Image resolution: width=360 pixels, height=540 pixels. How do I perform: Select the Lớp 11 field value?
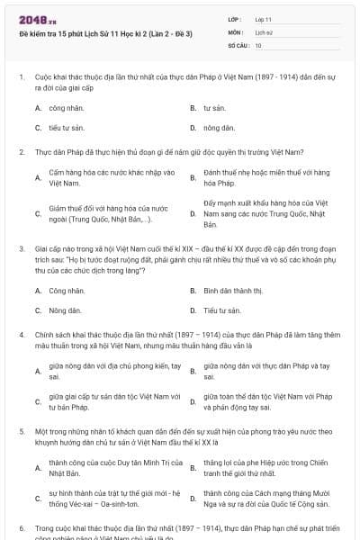point(264,18)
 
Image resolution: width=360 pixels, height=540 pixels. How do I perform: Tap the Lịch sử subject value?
point(264,31)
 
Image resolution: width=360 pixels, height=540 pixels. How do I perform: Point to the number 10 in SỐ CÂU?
point(258,44)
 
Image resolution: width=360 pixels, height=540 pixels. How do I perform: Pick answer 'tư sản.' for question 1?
point(213,107)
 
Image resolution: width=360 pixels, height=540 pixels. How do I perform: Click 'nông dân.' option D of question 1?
point(219,128)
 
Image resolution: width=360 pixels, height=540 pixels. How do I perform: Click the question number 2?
point(21,151)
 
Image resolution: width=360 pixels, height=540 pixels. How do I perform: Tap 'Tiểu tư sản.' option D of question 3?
point(221,310)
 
